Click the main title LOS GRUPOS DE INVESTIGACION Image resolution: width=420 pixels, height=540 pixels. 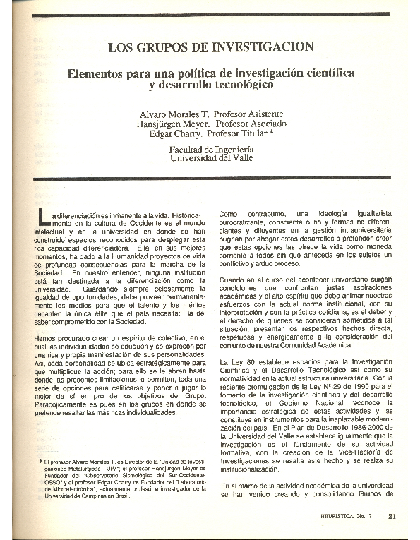210,47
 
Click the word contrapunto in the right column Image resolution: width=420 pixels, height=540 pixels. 269,213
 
